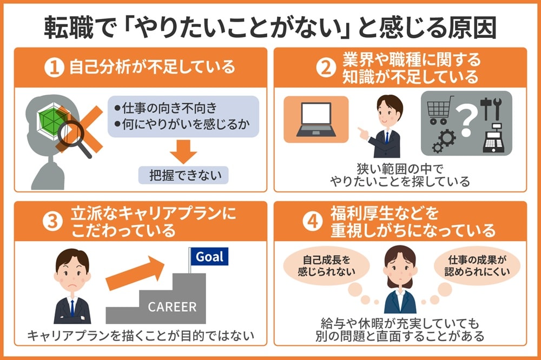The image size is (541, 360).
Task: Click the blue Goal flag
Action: (x=209, y=256)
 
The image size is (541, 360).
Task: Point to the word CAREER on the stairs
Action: (x=172, y=307)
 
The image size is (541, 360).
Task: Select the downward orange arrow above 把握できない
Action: (x=184, y=151)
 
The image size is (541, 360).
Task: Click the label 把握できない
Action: (x=183, y=175)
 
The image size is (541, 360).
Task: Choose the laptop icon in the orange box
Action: (x=316, y=119)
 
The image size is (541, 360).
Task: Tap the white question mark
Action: (x=465, y=120)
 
